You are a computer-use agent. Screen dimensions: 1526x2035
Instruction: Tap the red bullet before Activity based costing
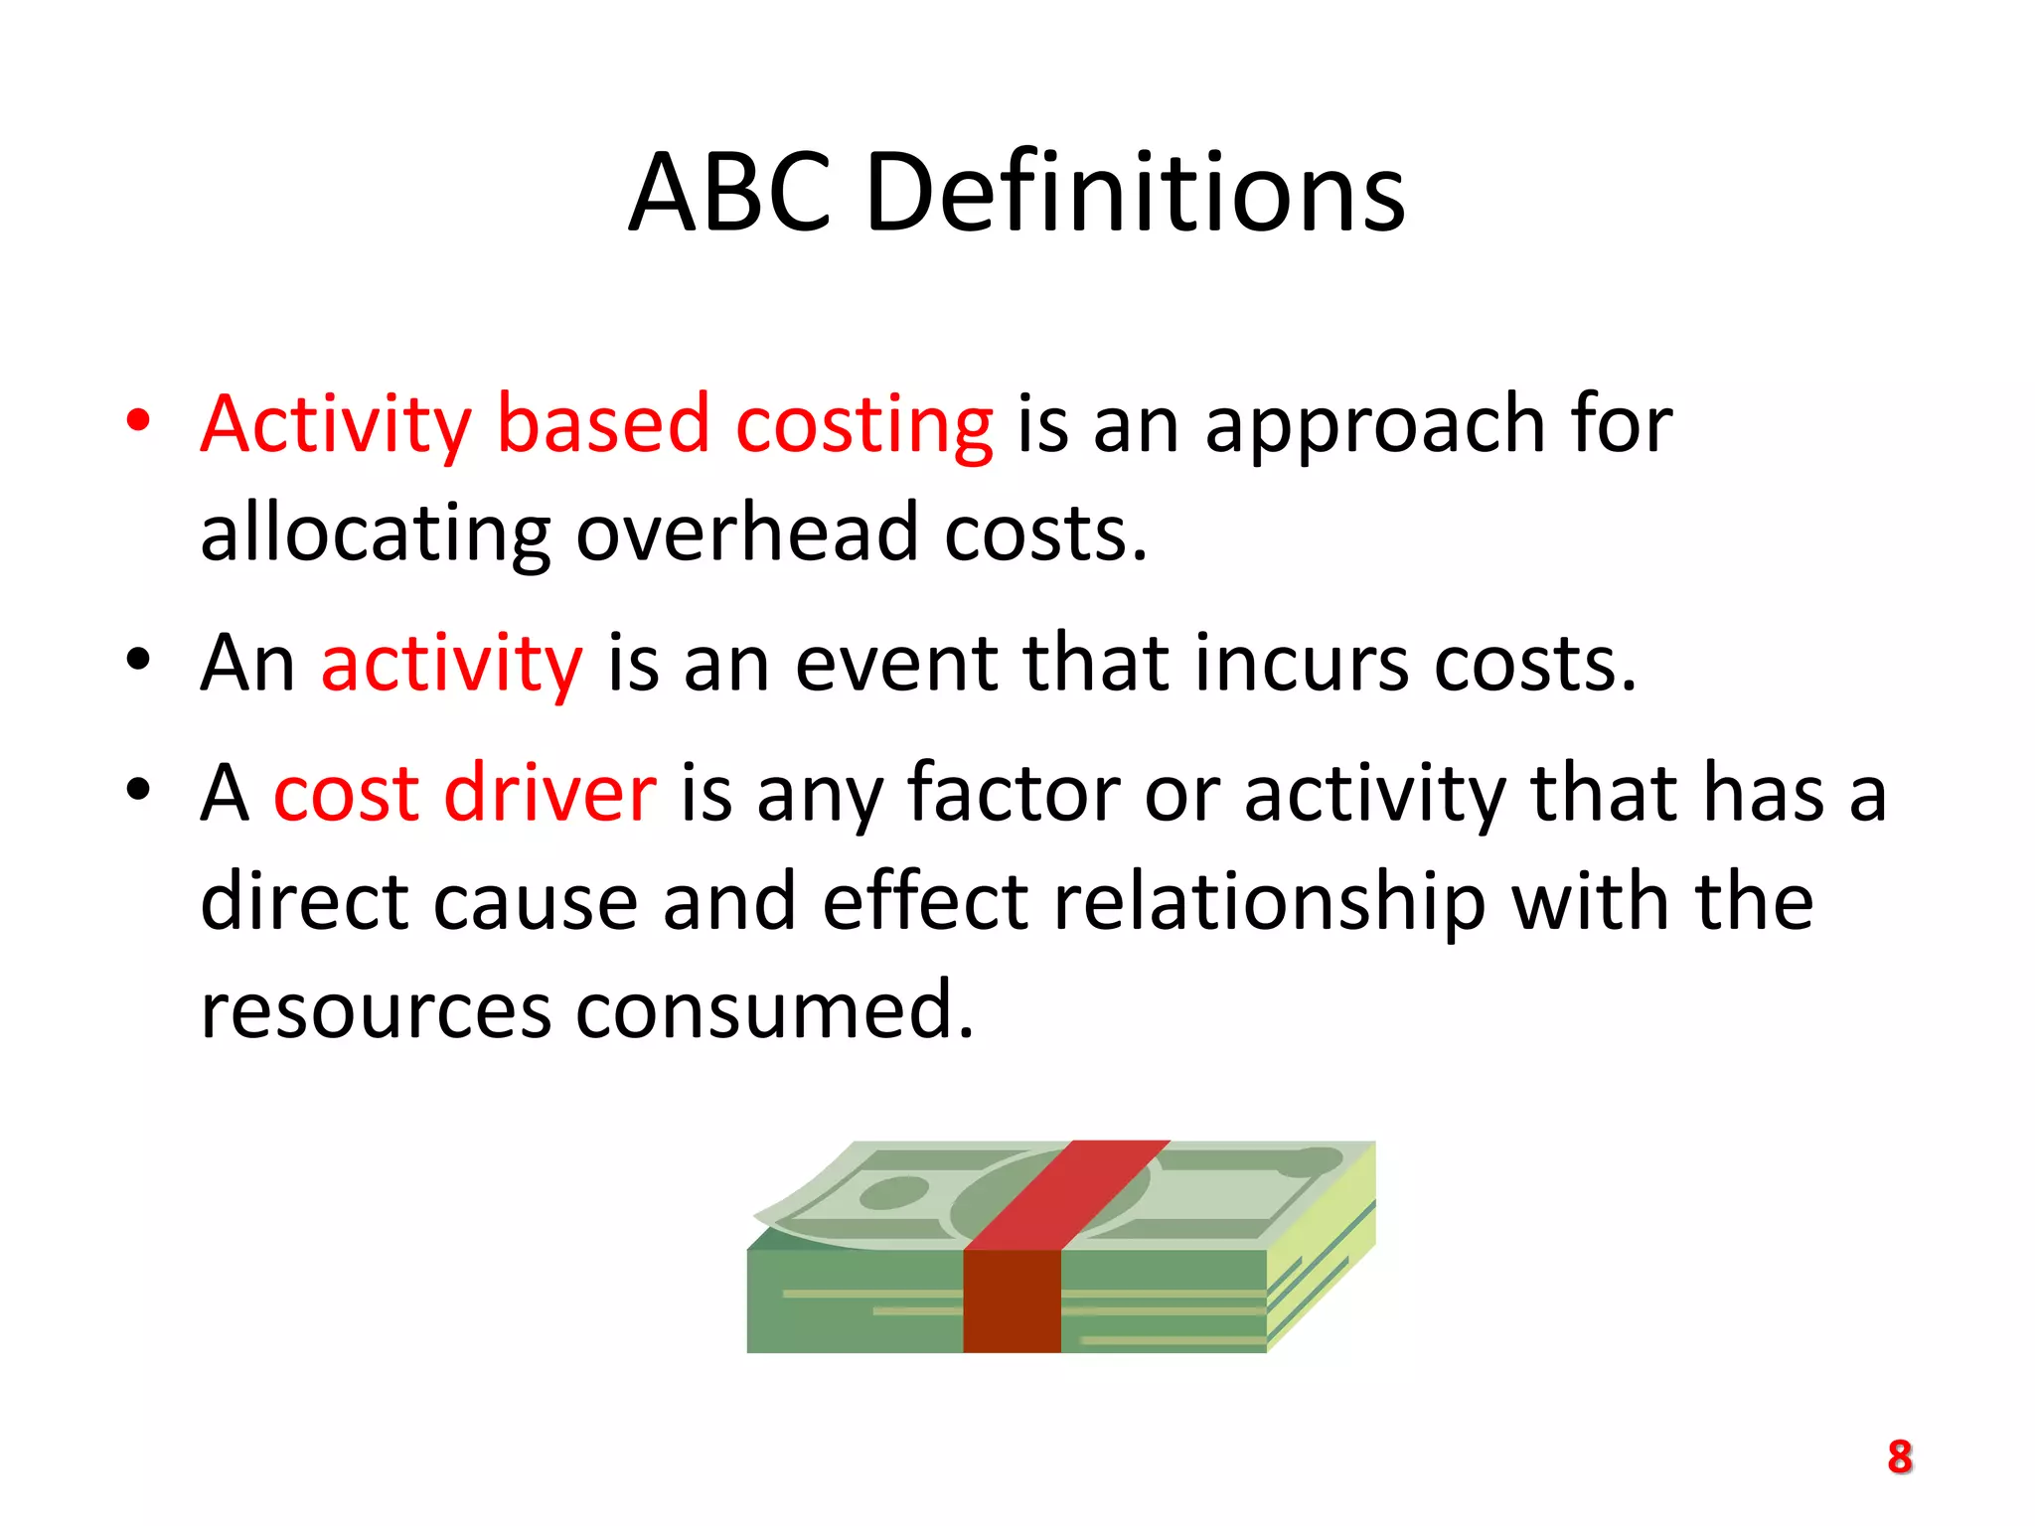coord(138,419)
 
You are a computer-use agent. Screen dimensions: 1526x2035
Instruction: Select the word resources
coord(376,1011)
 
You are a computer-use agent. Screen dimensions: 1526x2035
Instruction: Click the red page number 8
coord(1899,1457)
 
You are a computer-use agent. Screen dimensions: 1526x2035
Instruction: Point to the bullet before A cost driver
coord(138,789)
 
